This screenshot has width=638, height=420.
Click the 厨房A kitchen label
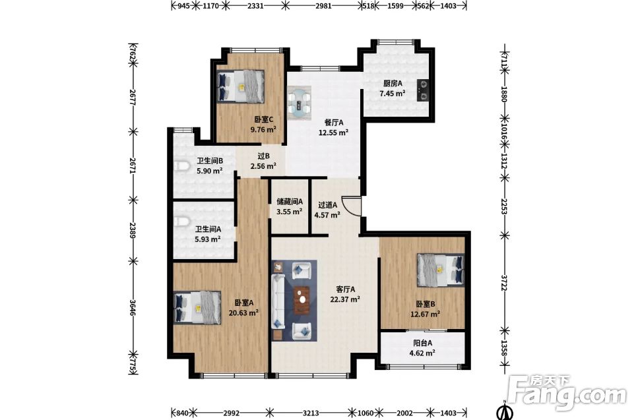[x=393, y=84]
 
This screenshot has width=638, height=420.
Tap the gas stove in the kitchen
[x=423, y=90]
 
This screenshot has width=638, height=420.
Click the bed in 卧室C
[x=241, y=86]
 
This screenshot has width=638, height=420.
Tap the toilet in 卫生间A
[x=182, y=222]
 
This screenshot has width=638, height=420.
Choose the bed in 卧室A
[x=197, y=307]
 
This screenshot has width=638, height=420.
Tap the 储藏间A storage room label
[x=290, y=202]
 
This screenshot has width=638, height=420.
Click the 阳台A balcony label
[x=422, y=343]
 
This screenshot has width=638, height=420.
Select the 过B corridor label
[x=264, y=156]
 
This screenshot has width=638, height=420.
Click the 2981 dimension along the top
[x=323, y=6]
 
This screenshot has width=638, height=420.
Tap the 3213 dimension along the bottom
[x=311, y=413]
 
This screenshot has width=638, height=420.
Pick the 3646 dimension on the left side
[x=133, y=307]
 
